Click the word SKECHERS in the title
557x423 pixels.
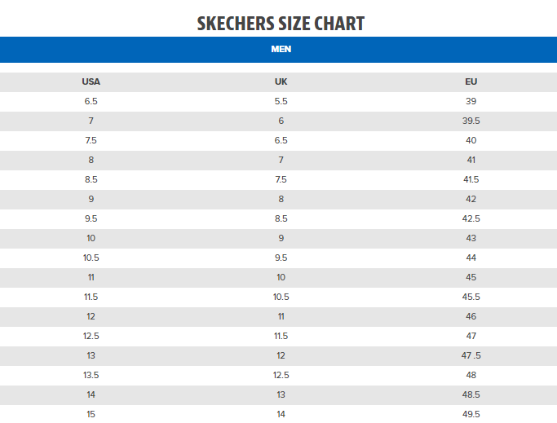(x=237, y=24)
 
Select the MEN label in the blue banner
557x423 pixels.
(x=281, y=49)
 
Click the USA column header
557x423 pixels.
(x=91, y=82)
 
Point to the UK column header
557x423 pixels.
(x=281, y=82)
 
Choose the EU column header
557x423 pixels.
(x=471, y=82)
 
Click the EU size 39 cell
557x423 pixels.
(x=471, y=101)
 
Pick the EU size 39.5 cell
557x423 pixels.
(x=471, y=121)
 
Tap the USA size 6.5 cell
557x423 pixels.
(x=91, y=101)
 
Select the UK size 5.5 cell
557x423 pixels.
(x=281, y=101)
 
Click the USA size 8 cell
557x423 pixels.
(x=91, y=160)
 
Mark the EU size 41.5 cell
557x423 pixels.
(x=471, y=179)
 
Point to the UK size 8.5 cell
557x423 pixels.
(x=281, y=218)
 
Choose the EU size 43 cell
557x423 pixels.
(x=471, y=238)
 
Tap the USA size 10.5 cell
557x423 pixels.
(x=91, y=258)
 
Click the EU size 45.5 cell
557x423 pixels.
(x=471, y=297)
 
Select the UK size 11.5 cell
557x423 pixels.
(x=281, y=336)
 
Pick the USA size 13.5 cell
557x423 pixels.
(x=91, y=375)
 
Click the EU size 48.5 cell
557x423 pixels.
(x=471, y=394)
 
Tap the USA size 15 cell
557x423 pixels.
(x=91, y=414)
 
